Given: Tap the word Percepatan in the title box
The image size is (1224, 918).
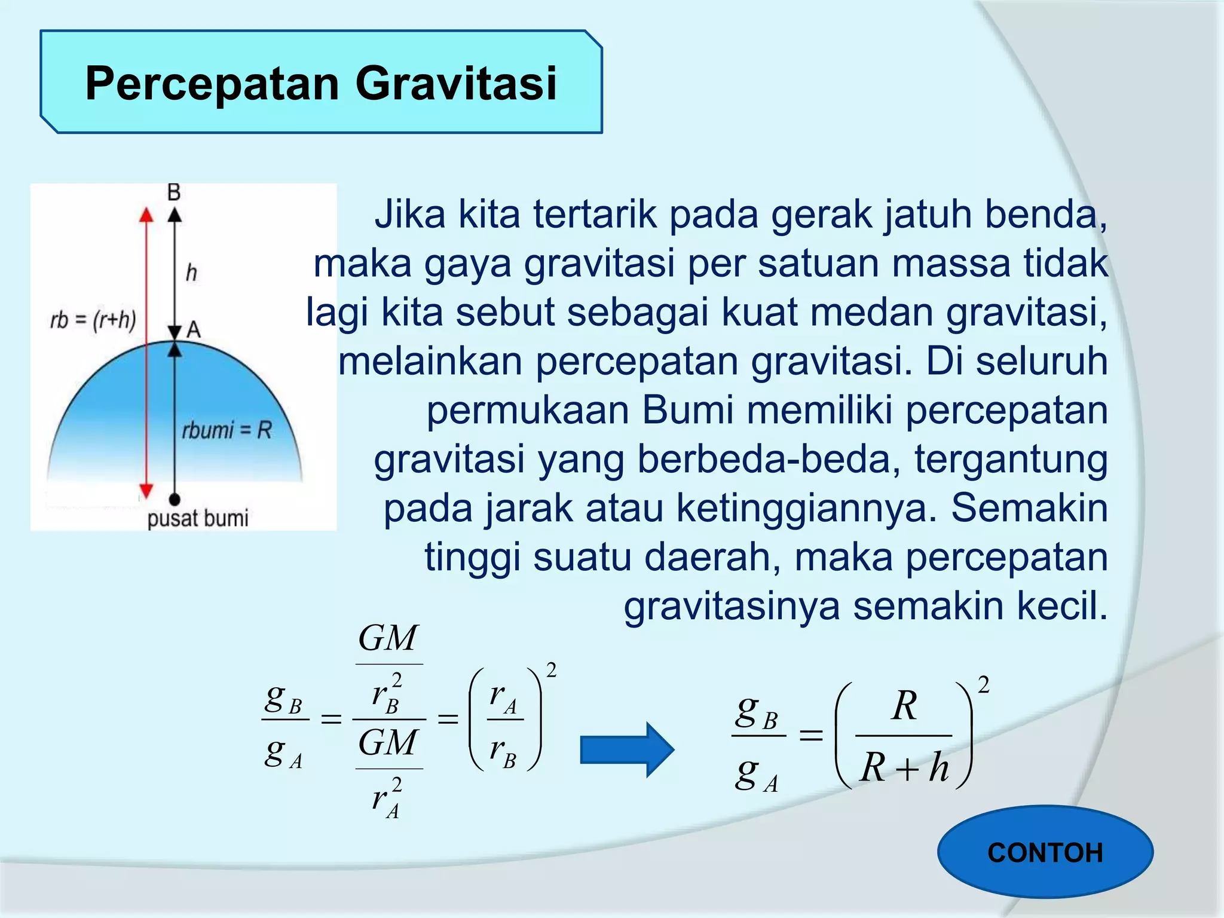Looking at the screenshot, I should [213, 83].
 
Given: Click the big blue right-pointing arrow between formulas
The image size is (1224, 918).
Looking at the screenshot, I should [627, 749].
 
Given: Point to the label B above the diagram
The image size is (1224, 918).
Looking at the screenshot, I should [174, 192].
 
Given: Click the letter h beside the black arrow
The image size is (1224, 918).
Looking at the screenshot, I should [191, 273].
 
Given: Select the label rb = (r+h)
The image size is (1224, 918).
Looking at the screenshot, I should [93, 320].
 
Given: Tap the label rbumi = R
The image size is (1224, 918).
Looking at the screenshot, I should [227, 430].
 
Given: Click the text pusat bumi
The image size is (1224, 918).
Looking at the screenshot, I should [198, 518].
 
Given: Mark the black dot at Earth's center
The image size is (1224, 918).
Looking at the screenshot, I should [175, 499].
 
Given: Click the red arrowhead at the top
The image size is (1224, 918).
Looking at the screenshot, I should [146, 215].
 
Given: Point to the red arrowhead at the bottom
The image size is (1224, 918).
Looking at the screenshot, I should [146, 491].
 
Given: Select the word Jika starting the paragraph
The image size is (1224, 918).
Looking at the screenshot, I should [410, 215].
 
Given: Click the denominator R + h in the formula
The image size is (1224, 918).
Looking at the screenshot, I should [904, 767].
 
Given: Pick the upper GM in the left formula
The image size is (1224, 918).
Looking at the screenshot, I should [388, 638].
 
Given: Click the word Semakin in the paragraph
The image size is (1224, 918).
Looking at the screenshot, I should [1029, 509].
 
